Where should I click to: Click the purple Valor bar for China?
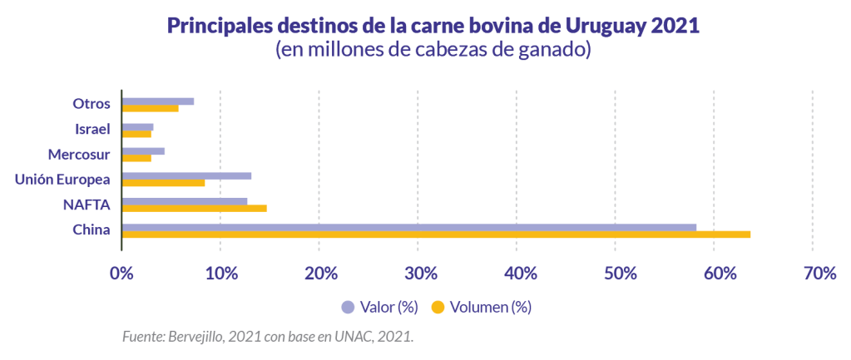[x=408, y=227]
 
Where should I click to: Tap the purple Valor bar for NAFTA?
[x=184, y=201]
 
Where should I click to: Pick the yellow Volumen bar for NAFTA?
[x=194, y=209]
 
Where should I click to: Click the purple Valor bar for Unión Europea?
[x=186, y=175]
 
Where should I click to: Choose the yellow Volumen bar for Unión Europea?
[x=163, y=183]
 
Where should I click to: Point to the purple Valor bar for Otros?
[x=157, y=101]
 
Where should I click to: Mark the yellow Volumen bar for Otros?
[x=150, y=108]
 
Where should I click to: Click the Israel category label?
[x=92, y=130]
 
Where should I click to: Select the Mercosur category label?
[x=79, y=155]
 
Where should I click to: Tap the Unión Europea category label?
[x=63, y=180]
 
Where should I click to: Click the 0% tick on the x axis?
[x=122, y=274]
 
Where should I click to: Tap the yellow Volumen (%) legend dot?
[x=438, y=308]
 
